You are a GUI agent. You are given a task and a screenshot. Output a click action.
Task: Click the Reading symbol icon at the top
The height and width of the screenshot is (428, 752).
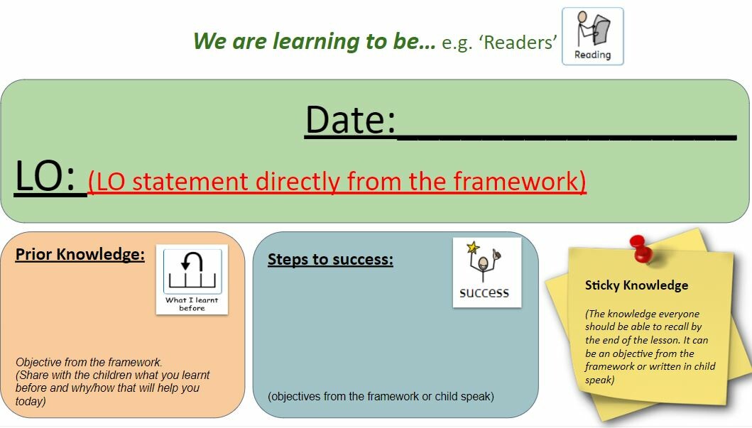(593, 36)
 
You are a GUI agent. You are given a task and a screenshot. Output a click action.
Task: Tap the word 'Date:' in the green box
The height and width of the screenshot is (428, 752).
(351, 120)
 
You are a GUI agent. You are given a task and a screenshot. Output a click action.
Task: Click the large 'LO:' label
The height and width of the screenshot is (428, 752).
(45, 175)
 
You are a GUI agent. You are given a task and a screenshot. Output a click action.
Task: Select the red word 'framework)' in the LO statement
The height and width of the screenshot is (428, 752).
(519, 182)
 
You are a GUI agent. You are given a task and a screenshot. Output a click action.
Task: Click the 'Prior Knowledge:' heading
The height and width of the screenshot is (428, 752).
(80, 254)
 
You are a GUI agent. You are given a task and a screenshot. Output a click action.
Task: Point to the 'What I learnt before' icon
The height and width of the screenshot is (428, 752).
(192, 280)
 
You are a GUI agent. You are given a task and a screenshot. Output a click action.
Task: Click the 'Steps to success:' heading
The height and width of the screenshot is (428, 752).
(330, 259)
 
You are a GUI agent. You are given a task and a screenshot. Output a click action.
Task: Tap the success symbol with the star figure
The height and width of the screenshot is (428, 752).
(487, 273)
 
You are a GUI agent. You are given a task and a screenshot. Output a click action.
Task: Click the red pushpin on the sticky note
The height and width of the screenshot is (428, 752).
(641, 248)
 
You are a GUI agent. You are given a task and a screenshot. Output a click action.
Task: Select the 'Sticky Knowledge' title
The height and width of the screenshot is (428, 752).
(636, 285)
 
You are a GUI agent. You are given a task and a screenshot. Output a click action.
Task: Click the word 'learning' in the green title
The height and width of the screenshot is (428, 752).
(316, 42)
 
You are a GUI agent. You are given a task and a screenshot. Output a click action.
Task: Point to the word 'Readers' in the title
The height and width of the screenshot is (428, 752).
(518, 42)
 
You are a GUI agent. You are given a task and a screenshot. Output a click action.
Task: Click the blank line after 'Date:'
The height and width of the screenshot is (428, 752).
(567, 138)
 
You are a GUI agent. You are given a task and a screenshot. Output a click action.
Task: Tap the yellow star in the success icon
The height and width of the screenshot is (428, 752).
(473, 247)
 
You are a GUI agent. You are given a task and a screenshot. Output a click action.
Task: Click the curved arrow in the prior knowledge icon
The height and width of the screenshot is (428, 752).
(192, 262)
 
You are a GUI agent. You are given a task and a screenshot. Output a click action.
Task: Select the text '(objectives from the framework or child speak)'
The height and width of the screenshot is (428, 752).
(381, 396)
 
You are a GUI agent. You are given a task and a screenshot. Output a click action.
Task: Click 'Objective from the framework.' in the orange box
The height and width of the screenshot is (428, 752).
(89, 362)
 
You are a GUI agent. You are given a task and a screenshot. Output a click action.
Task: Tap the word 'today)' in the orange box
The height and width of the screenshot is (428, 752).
(31, 401)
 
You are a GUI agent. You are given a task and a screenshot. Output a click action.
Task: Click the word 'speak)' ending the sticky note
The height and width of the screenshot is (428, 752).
(599, 380)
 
